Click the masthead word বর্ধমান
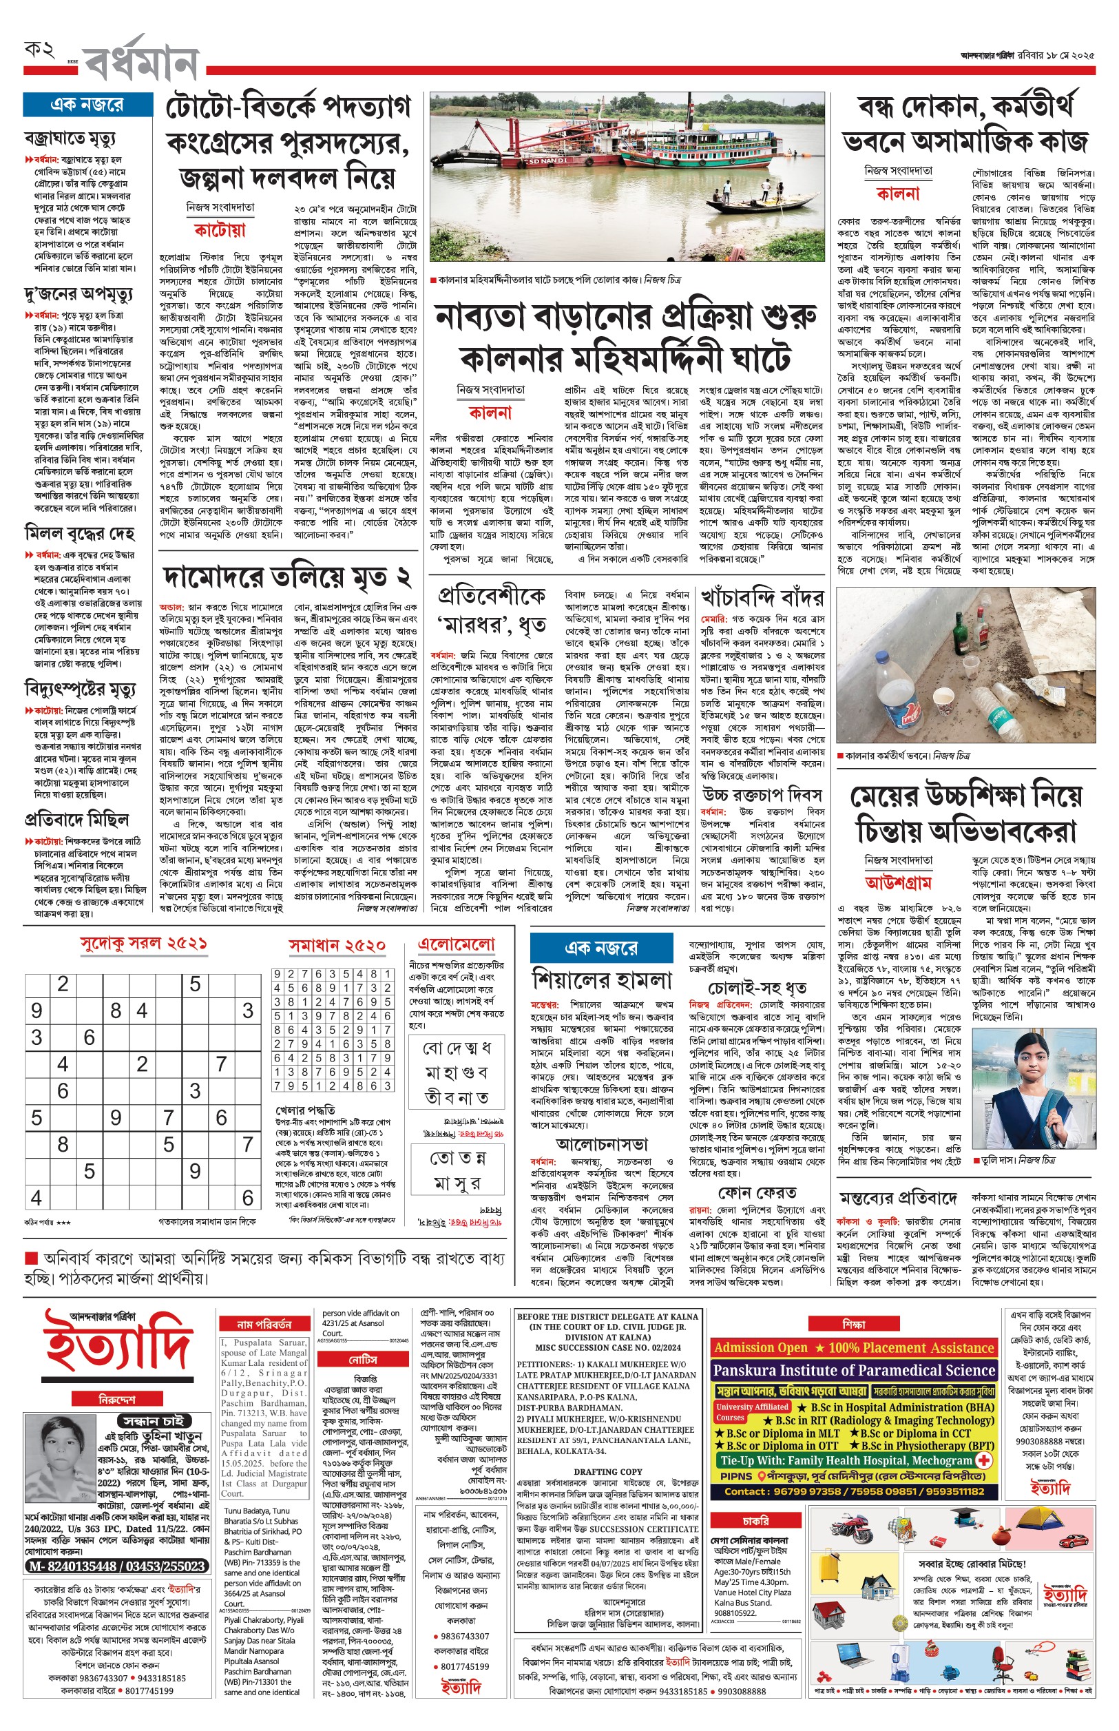pos(142,62)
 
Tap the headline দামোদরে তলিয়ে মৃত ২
pos(287,578)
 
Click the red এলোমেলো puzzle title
pos(457,944)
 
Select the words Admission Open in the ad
pos(760,1348)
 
